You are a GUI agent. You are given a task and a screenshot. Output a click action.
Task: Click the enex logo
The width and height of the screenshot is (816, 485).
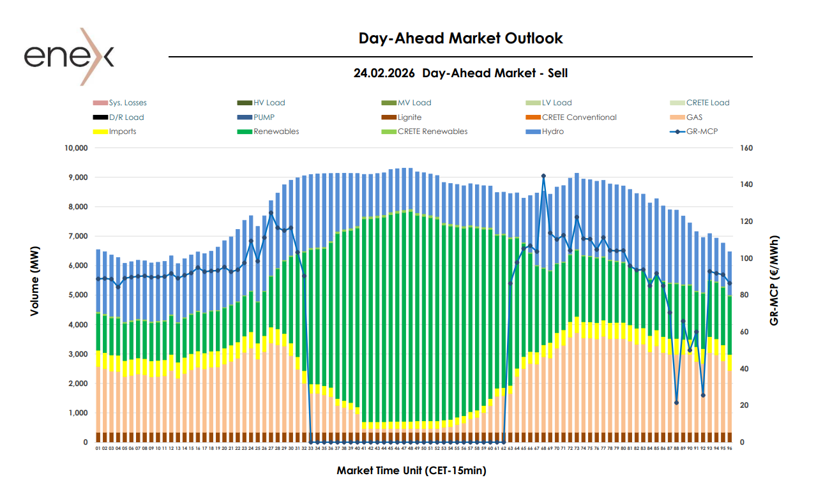coord(69,56)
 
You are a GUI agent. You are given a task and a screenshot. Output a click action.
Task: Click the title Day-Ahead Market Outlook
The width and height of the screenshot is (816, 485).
coord(460,38)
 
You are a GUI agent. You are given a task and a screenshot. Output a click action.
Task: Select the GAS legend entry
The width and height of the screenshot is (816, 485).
coord(694,117)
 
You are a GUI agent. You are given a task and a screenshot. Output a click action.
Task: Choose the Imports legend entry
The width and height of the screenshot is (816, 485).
coord(122,131)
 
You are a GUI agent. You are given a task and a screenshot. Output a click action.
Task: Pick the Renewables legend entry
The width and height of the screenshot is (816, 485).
coord(276,131)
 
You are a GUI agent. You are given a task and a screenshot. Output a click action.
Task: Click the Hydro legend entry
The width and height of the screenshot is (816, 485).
coord(552,131)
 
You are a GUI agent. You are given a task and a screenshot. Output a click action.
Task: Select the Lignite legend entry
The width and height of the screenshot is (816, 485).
coord(409,117)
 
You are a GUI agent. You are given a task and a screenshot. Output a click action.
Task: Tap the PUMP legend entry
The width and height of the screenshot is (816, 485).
coord(264,117)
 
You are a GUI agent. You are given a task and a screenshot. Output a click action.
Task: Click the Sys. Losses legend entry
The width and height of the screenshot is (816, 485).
coord(127,103)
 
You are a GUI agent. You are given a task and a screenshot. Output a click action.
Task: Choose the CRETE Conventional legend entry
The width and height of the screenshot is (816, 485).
coord(578,117)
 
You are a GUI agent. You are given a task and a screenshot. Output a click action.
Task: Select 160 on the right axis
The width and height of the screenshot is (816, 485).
coord(746,148)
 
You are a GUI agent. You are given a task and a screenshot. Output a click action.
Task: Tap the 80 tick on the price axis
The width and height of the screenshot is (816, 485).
coord(744,295)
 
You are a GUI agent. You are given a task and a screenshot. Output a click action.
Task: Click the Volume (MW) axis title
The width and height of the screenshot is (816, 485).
coord(36,295)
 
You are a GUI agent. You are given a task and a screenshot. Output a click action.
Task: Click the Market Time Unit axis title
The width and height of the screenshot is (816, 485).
coord(411,471)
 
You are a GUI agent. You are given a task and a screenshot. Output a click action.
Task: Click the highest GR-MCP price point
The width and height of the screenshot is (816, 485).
coord(543,175)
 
